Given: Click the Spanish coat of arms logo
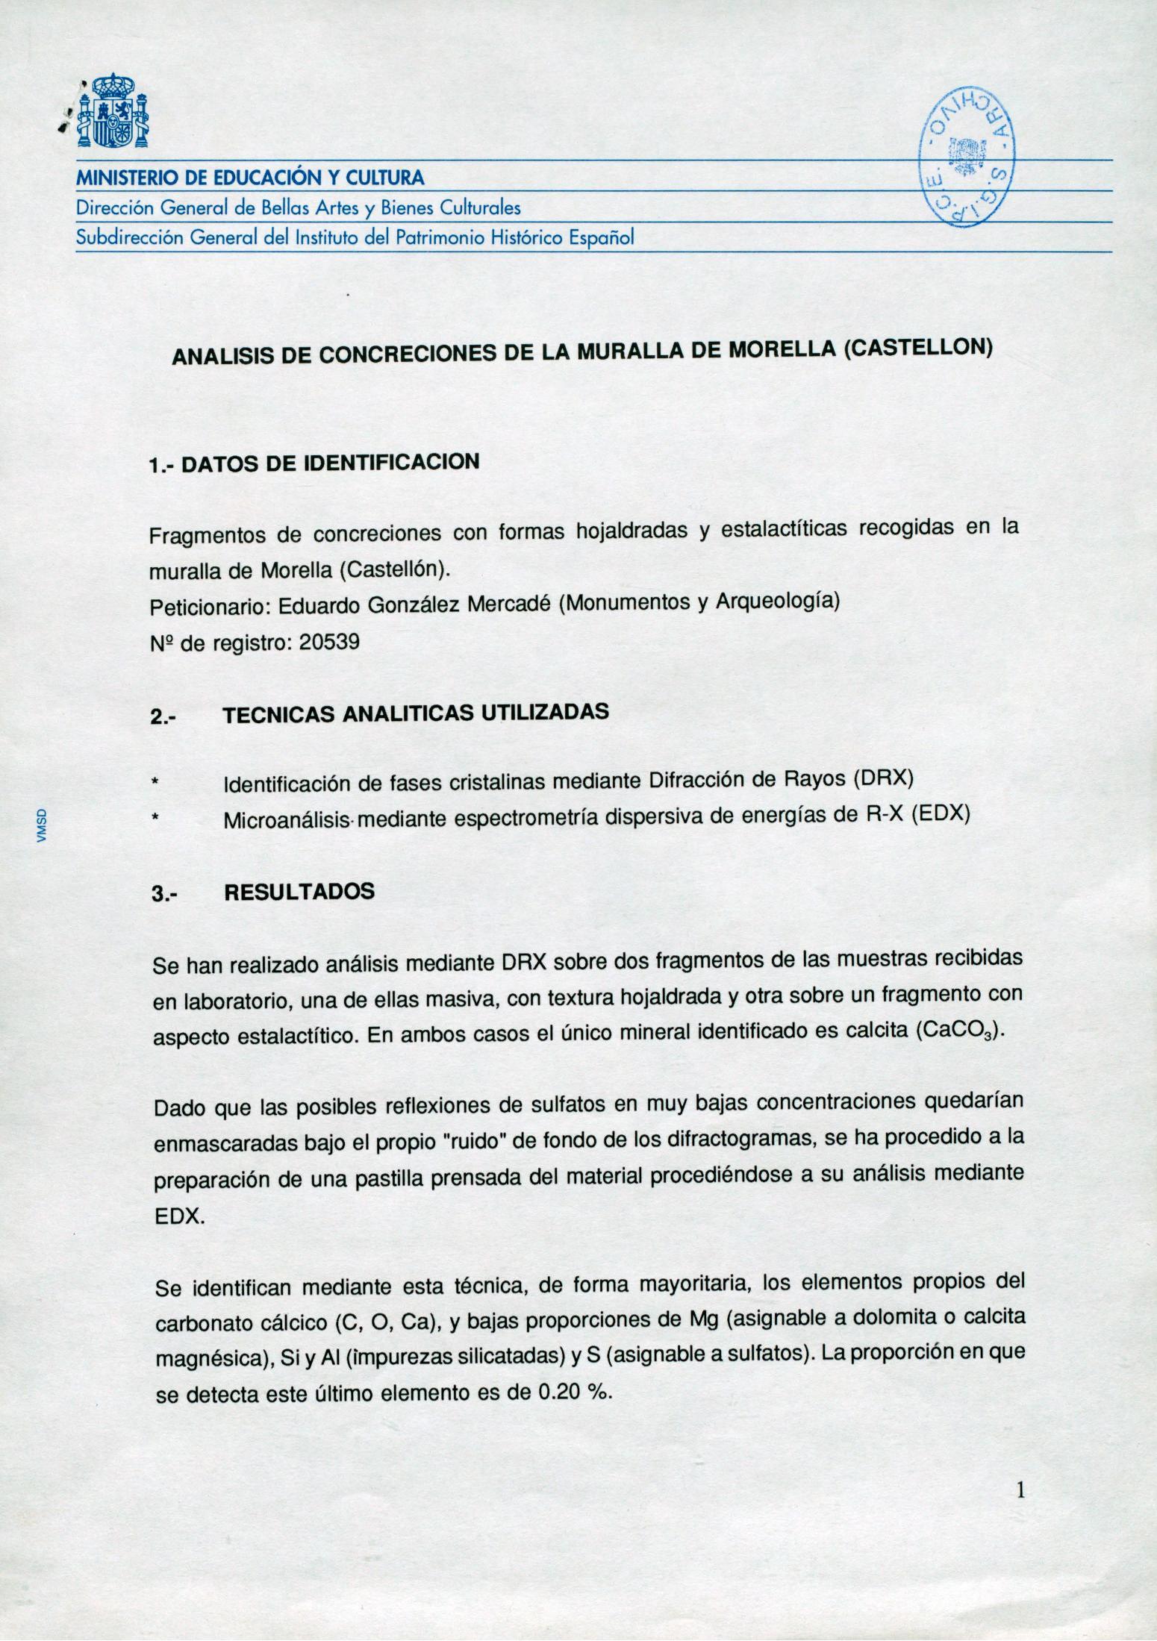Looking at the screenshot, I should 114,111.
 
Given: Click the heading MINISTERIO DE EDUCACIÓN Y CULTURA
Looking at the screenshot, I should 250,178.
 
